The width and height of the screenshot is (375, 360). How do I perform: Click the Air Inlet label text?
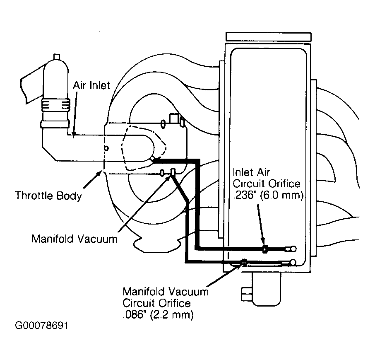pyautogui.click(x=91, y=86)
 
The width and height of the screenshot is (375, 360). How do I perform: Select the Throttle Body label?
pyautogui.click(x=48, y=195)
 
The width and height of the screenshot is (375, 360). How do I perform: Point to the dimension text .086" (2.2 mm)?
pyautogui.click(x=158, y=315)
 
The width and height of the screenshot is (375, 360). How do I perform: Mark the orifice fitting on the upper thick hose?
pyautogui.click(x=265, y=249)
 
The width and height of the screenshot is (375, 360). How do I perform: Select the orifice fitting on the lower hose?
pyautogui.click(x=244, y=262)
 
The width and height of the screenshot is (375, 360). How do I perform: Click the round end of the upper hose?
pyautogui.click(x=293, y=249)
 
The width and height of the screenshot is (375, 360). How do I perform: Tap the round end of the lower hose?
pyautogui.click(x=293, y=262)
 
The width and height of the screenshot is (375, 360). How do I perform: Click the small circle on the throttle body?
pyautogui.click(x=106, y=148)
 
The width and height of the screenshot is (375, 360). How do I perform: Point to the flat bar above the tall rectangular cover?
pyautogui.click(x=268, y=36)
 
